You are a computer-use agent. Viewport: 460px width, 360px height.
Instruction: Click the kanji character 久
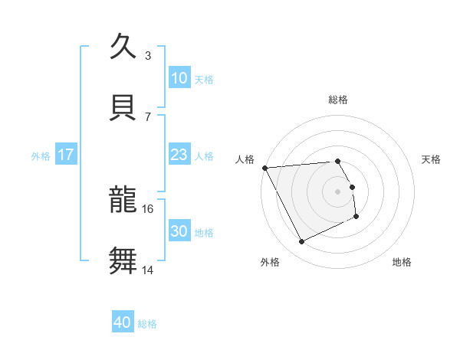tap(123, 46)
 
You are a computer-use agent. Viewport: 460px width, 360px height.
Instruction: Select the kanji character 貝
tap(123, 106)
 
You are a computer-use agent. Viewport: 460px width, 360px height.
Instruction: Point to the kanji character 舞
tap(123, 260)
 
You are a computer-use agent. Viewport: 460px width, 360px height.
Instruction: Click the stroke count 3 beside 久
tap(148, 56)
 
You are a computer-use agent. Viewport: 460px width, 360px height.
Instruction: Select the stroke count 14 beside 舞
tap(149, 270)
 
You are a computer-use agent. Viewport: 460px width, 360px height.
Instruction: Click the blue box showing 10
tap(179, 78)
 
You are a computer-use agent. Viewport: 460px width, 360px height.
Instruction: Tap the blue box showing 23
tap(179, 155)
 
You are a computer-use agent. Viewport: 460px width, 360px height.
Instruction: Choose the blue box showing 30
tap(179, 231)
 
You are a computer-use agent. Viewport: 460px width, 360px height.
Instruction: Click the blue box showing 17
tap(66, 155)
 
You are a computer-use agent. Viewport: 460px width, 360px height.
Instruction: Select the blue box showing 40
tap(123, 322)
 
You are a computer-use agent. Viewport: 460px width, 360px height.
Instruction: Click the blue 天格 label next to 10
tap(204, 80)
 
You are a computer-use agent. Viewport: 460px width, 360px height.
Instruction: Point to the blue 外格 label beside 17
tap(41, 156)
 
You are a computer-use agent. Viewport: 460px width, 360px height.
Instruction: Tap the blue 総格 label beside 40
tap(147, 324)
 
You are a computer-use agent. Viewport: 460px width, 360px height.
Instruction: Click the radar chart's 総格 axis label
tap(338, 100)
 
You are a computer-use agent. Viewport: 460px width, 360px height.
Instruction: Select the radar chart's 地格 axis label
tap(402, 262)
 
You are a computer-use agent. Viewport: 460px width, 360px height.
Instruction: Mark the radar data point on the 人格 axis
tap(264, 168)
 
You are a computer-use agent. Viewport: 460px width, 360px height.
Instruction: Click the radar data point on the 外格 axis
tap(301, 242)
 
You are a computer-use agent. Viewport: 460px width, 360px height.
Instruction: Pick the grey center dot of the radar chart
tap(338, 191)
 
